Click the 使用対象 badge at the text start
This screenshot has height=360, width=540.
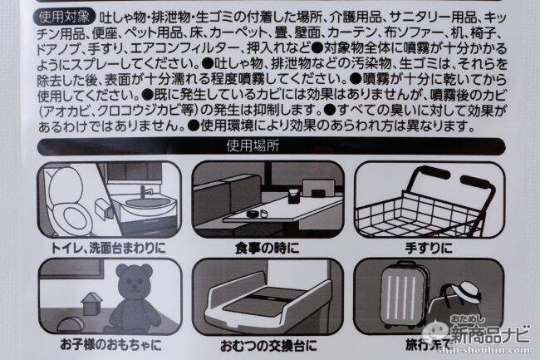coord(64,16)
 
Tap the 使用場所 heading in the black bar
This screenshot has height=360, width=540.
coord(253,146)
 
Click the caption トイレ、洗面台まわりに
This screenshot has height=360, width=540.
coord(108,248)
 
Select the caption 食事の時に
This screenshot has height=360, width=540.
coord(267,248)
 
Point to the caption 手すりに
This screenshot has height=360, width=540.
coord(429,248)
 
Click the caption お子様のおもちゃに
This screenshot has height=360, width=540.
coord(110,344)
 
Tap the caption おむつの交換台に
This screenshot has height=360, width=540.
coord(268,346)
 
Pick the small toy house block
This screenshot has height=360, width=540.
coord(91,303)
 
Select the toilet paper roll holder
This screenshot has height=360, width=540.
coord(104,210)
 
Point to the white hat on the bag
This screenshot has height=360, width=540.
coord(467,292)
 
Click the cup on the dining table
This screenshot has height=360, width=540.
coord(293,195)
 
